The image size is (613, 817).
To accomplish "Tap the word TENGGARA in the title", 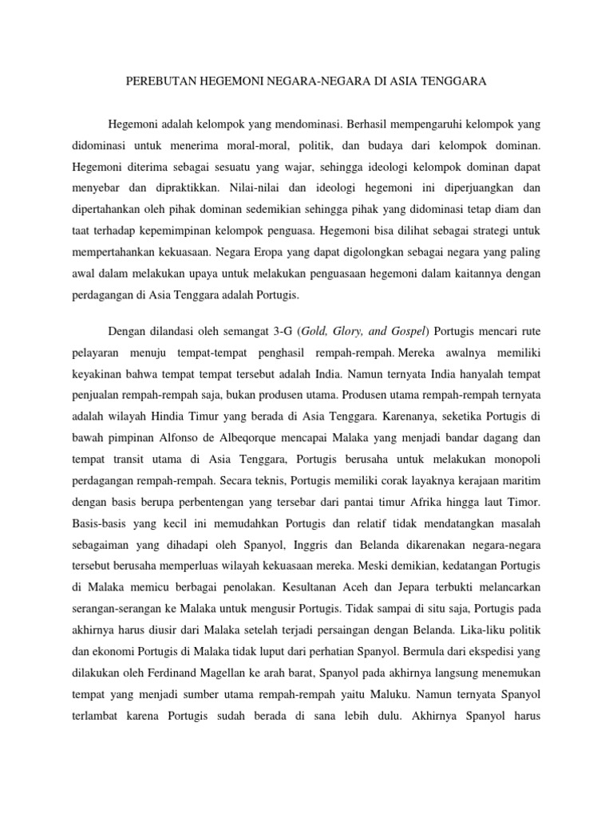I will (457, 81).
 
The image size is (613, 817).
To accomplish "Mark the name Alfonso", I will (188, 436).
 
